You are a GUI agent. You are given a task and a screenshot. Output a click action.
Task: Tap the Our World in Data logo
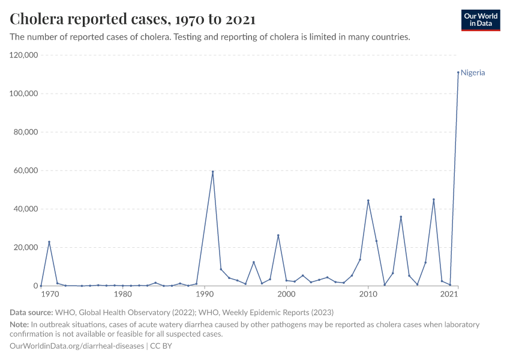(480, 20)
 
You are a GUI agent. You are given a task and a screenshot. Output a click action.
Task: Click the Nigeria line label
(473, 73)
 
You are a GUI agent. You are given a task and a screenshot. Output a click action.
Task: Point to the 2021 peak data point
(458, 73)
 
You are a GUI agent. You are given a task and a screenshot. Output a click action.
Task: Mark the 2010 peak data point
(368, 200)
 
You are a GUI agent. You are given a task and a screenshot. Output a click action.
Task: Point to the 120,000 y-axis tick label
(24, 55)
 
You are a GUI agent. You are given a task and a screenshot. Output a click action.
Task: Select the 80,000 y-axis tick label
(26, 132)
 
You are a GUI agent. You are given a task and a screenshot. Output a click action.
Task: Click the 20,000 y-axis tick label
(26, 247)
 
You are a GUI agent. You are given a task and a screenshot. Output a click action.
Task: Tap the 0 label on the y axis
(35, 286)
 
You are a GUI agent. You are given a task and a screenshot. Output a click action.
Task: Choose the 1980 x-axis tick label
(122, 295)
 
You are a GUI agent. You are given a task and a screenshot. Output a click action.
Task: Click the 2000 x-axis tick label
(286, 295)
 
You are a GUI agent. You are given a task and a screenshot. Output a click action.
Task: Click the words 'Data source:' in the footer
(31, 312)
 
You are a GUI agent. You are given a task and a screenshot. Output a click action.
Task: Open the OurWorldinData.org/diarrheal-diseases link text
(77, 346)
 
